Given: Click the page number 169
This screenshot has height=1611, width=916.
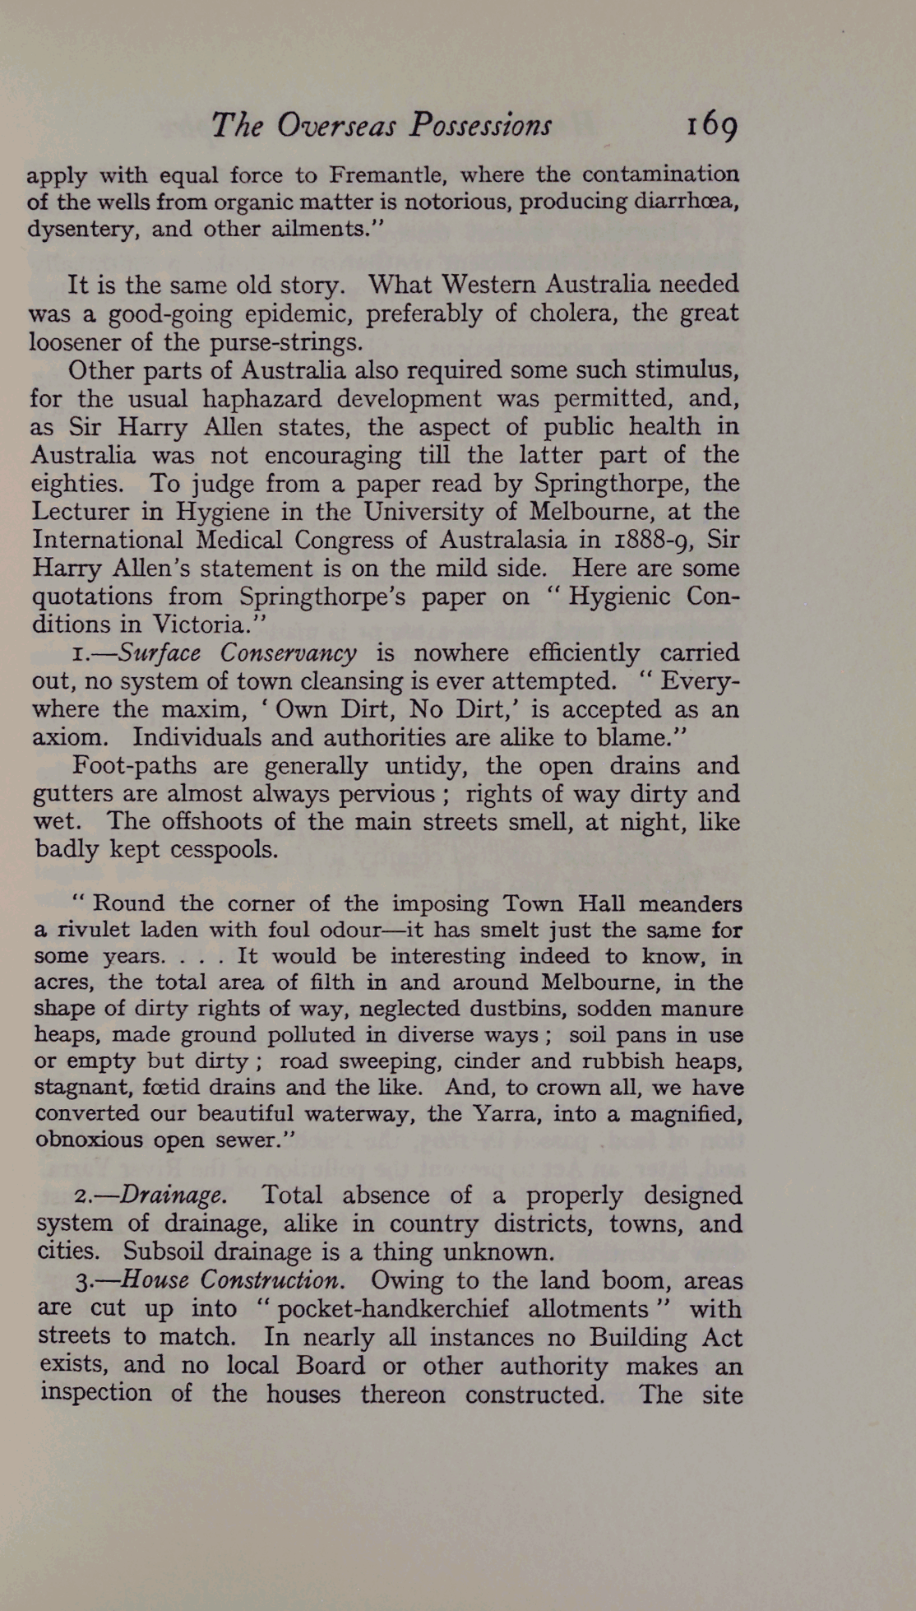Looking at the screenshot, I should click(712, 125).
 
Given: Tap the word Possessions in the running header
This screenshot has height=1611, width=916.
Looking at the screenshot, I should click(481, 125).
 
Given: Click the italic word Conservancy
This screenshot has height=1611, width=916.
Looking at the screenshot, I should click(288, 653).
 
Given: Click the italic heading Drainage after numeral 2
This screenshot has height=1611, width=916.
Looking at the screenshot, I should click(173, 1195).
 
